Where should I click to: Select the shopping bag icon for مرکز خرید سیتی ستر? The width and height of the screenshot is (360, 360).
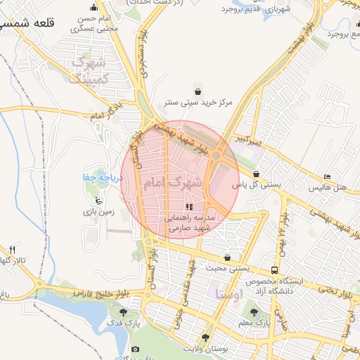(198, 91)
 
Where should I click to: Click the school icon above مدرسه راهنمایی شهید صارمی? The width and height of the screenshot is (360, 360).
(188, 207)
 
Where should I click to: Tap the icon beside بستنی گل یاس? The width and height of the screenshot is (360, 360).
(256, 174)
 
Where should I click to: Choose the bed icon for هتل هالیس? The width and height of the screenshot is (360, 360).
(328, 177)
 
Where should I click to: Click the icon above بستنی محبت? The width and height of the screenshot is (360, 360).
(226, 257)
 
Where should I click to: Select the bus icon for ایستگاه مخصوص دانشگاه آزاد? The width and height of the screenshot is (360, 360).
(274, 270)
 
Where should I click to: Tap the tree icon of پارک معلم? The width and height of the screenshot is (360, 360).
(254, 312)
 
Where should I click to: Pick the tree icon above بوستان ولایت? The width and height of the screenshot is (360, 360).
(205, 336)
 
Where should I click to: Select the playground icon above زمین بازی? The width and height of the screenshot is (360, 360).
(98, 199)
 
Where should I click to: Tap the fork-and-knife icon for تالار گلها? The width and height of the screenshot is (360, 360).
(12, 250)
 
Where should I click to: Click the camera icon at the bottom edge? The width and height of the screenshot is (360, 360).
(136, 350)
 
